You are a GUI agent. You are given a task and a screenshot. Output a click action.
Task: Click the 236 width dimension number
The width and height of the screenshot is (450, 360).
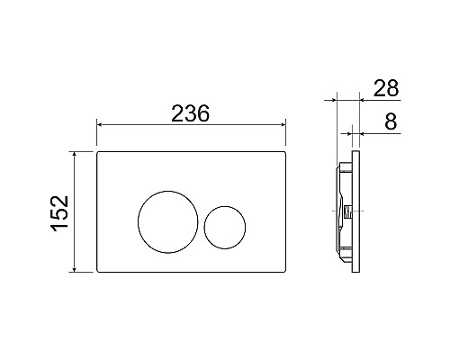[x=190, y=113]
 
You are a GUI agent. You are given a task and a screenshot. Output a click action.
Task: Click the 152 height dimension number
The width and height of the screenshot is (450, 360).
[x=60, y=213]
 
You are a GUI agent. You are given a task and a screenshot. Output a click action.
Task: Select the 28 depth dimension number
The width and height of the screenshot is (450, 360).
[x=386, y=88]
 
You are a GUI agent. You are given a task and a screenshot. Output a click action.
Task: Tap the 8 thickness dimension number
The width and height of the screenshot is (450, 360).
[x=391, y=121]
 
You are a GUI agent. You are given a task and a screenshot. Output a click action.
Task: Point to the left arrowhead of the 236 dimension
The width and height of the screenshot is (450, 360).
[x=99, y=124]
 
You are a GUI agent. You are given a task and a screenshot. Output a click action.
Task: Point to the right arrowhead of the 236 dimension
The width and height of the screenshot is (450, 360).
[x=283, y=124]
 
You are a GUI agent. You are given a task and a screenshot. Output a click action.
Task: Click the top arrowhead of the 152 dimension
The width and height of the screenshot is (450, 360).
[x=75, y=154]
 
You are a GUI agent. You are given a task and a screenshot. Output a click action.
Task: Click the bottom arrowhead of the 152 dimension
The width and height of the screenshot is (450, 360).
[x=75, y=270]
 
